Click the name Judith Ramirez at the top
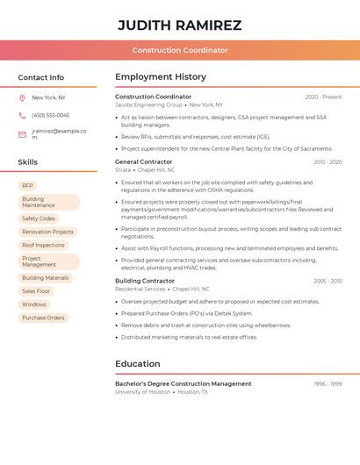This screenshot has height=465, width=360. point(179,25)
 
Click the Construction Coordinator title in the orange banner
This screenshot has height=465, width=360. point(180,50)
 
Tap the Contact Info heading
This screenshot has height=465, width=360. point(40,77)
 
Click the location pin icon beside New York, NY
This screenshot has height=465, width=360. point(22,97)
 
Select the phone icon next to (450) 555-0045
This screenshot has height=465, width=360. point(22,115)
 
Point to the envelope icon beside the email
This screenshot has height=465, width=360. point(22,134)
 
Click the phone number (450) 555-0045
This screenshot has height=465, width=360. point(50,115)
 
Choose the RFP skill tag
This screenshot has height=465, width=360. point(27,186)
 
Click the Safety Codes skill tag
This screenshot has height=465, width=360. point(39,218)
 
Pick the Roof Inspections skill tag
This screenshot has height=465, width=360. point(43,245)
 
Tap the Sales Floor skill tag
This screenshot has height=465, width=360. point(36,290)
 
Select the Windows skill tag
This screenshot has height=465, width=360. point(34,304)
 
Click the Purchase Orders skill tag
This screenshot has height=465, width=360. point(43,318)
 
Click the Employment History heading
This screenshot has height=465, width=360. point(161,77)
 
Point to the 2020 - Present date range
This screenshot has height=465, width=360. point(323,97)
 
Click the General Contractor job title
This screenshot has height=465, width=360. point(144,161)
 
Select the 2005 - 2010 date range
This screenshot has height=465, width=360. point(328,281)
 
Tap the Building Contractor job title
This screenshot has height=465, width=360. point(145,281)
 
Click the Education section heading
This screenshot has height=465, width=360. point(138,363)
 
